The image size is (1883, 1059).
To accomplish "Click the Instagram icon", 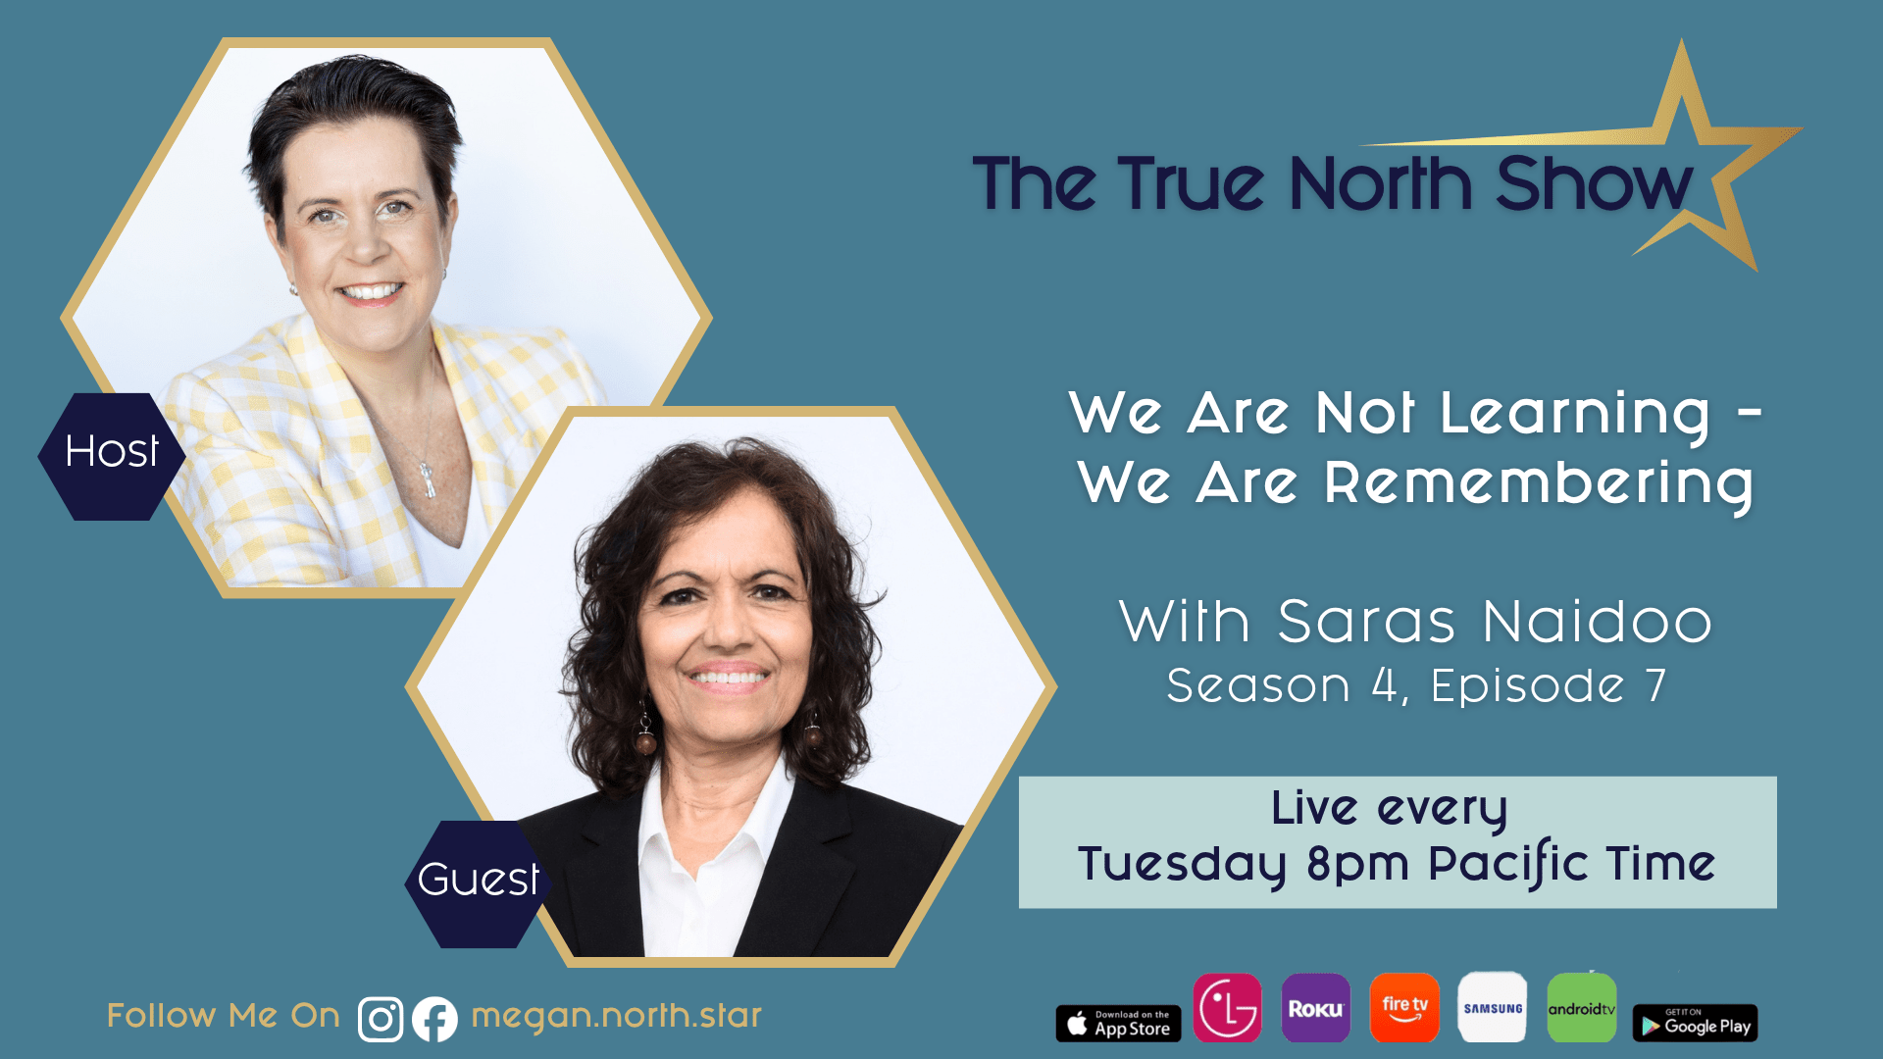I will click(x=381, y=1019).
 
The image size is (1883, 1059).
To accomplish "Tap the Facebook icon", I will click(x=434, y=1019).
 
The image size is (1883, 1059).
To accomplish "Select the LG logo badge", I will click(x=1227, y=1008).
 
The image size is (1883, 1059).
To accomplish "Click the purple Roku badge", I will click(x=1315, y=1008).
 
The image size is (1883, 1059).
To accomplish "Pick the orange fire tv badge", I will click(x=1404, y=1008).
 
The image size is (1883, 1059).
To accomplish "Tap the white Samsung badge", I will click(x=1493, y=1008).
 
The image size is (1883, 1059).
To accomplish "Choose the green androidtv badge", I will click(x=1581, y=1008).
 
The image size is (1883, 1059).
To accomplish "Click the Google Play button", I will click(x=1695, y=1024).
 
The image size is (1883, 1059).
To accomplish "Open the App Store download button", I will click(x=1118, y=1024).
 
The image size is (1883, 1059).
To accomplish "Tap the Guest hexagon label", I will click(x=478, y=881).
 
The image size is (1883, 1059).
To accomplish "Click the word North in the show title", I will click(x=1380, y=184).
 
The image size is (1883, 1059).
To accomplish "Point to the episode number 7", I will click(x=1655, y=685).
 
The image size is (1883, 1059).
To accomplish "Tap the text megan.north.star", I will click(x=616, y=1016).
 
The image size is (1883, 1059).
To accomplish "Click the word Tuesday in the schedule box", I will click(x=1181, y=864).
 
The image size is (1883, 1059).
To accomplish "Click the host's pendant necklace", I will click(x=429, y=480).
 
